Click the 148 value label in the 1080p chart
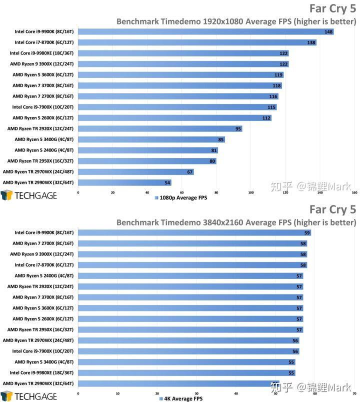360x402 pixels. point(328,31)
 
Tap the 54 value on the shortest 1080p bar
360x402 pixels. point(167,183)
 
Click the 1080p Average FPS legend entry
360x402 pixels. point(181,198)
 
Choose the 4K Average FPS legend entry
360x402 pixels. point(181,399)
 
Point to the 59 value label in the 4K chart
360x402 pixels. point(307,232)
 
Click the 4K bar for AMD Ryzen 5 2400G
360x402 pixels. point(190,275)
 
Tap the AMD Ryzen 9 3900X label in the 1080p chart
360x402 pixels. point(42,64)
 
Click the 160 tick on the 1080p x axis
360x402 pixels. point(354,192)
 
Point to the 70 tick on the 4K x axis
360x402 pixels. point(354,393)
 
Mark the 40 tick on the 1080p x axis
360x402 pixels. point(147,192)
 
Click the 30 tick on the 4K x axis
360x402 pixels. point(196,393)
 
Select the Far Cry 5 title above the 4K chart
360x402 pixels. point(332,209)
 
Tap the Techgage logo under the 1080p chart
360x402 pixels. point(28,195)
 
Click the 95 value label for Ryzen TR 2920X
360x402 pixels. point(238,128)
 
